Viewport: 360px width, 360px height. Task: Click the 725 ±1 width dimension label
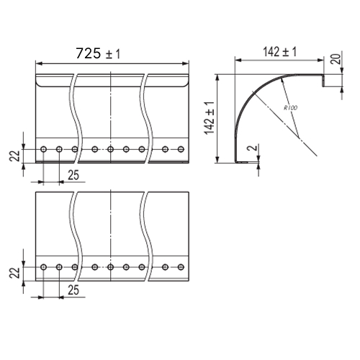(98, 53)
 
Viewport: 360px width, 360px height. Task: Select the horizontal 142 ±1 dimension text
(280, 52)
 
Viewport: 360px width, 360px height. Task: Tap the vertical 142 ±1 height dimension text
(210, 118)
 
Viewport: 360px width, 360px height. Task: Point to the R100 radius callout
(290, 108)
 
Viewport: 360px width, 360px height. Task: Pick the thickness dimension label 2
(253, 148)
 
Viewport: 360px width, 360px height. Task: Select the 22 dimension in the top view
(14, 156)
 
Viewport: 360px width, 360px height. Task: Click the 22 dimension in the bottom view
(14, 273)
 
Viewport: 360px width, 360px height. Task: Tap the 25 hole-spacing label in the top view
(73, 175)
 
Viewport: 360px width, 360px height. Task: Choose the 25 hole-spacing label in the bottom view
(73, 290)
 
